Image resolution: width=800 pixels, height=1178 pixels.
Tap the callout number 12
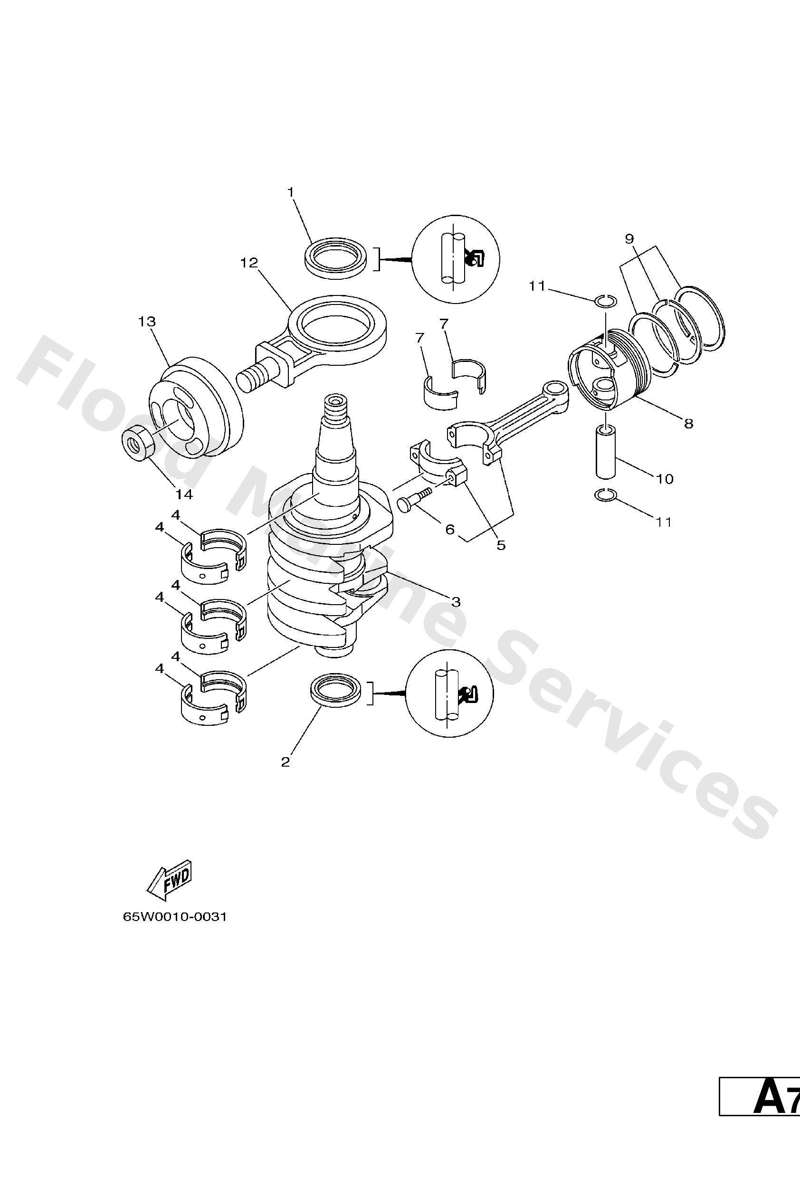tap(249, 263)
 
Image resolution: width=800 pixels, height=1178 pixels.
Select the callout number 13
tap(147, 322)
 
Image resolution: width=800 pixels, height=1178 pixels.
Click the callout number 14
tap(184, 494)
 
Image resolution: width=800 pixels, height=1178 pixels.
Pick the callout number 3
tap(456, 602)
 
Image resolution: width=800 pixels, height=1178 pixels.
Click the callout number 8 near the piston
tap(688, 423)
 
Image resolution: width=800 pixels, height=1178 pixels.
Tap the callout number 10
tap(665, 478)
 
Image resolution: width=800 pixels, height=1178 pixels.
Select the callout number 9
tap(629, 238)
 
